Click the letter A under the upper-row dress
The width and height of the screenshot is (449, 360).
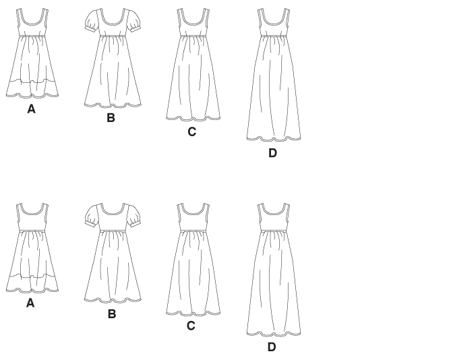(x=31, y=109)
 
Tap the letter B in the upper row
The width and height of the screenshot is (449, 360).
(x=111, y=118)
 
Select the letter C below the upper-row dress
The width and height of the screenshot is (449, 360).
(x=192, y=131)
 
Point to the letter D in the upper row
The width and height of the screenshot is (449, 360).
(x=272, y=153)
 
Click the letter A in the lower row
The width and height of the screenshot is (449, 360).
(x=30, y=303)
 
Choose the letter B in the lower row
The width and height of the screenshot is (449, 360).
(x=112, y=314)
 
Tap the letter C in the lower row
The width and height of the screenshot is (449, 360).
(x=191, y=326)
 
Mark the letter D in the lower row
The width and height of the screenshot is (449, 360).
(x=272, y=347)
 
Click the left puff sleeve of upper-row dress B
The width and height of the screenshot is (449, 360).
(x=92, y=21)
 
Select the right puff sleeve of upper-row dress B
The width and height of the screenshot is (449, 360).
(x=133, y=21)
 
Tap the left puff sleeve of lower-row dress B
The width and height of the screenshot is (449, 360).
(x=92, y=216)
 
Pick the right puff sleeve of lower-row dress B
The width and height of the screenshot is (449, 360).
(x=133, y=216)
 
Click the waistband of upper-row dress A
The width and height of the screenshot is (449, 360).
(x=32, y=36)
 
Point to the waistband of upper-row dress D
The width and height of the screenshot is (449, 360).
(x=274, y=36)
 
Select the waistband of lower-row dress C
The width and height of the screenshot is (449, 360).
(x=193, y=231)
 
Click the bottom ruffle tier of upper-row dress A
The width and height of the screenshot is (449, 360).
(x=32, y=90)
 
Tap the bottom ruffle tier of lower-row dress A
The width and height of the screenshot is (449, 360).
(x=32, y=284)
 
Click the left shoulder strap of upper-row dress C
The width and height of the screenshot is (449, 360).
(x=180, y=15)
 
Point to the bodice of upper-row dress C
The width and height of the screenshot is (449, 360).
(x=193, y=28)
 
